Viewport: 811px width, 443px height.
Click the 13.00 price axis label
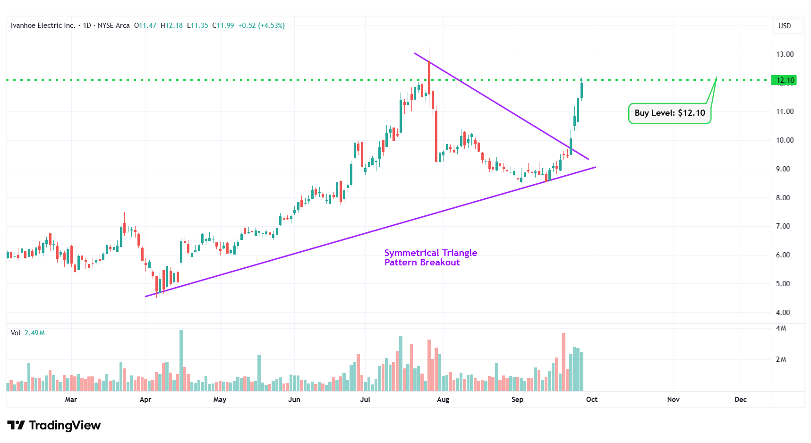click(x=785, y=54)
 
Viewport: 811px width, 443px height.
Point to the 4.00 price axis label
click(x=783, y=313)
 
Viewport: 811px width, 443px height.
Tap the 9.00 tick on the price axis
click(x=783, y=169)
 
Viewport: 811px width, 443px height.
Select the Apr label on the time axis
click(x=145, y=400)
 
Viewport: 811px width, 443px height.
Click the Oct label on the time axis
click(x=591, y=400)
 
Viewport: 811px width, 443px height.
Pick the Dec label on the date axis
click(x=740, y=400)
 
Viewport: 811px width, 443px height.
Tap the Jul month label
click(x=365, y=400)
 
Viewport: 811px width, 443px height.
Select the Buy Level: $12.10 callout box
click(x=669, y=113)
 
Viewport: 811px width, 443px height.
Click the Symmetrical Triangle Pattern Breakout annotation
click(x=430, y=258)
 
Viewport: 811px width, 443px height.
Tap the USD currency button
click(x=785, y=26)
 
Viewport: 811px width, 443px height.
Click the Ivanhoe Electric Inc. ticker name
click(x=43, y=26)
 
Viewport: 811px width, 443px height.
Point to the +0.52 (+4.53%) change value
click(x=261, y=26)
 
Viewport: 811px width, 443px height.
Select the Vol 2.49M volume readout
click(x=28, y=333)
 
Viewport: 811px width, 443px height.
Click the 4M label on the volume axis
click(x=781, y=328)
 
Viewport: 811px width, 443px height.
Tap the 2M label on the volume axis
click(x=781, y=359)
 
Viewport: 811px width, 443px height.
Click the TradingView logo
click(x=54, y=426)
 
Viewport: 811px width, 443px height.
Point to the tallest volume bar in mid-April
click(x=181, y=360)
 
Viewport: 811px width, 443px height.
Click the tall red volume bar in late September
click(x=563, y=362)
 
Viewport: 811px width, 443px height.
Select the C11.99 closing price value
click(x=223, y=26)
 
